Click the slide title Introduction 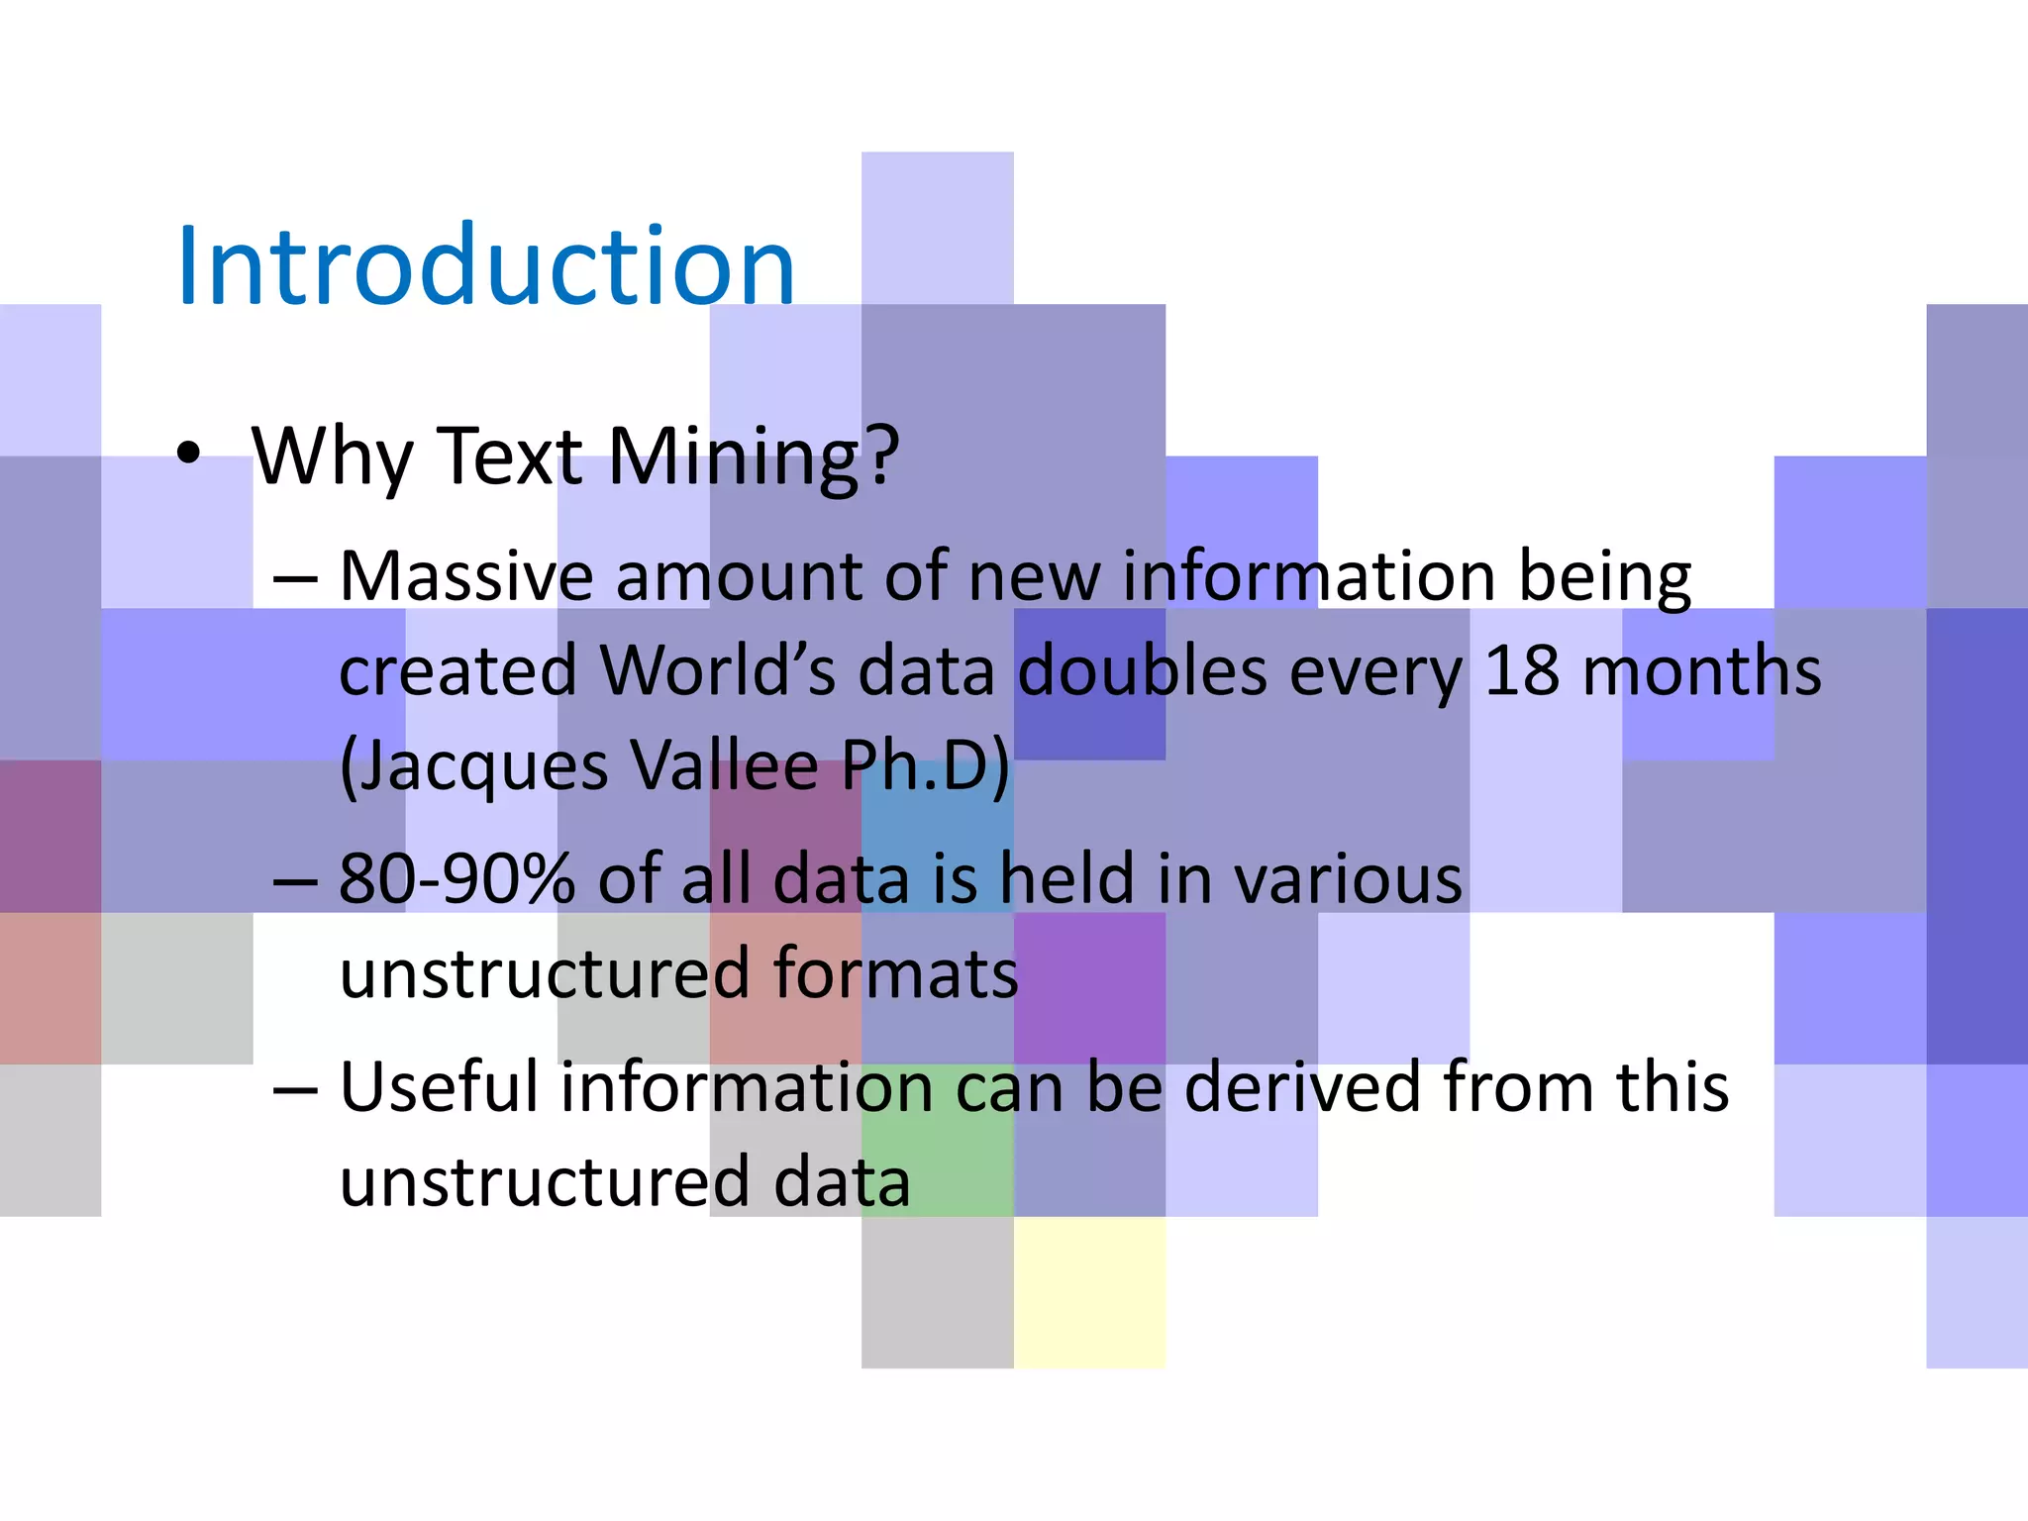tap(485, 265)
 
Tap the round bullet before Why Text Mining tap(188, 455)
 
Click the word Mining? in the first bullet tap(753, 457)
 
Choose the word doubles tap(1143, 671)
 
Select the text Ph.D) tap(926, 765)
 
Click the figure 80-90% tap(456, 879)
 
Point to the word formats tap(895, 974)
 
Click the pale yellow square tap(1089, 1292)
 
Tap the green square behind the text tap(937, 1139)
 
